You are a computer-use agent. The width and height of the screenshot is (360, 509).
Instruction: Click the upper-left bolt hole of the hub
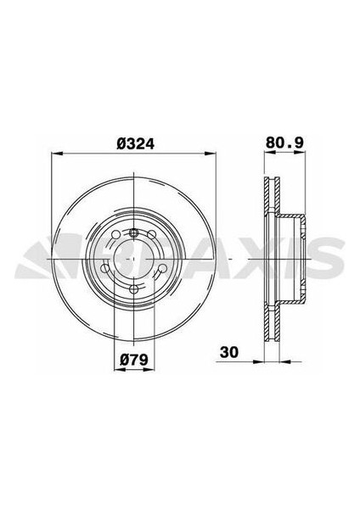111,238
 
